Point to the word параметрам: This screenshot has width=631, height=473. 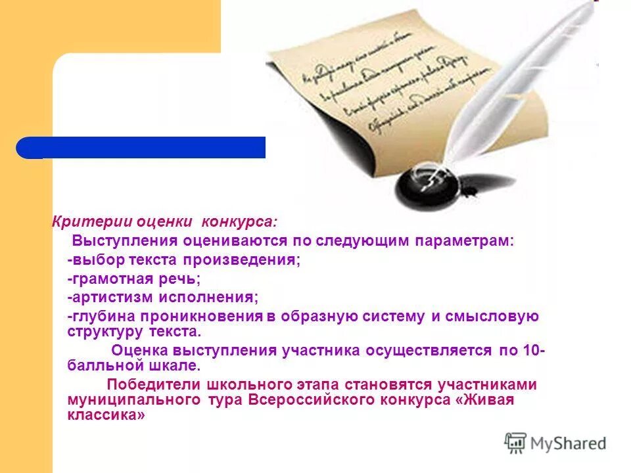click(x=466, y=241)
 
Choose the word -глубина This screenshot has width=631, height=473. click(x=95, y=316)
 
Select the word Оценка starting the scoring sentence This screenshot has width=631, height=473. click(x=138, y=350)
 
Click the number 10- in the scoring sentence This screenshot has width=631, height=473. click(x=533, y=350)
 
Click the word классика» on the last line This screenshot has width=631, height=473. click(x=106, y=415)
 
